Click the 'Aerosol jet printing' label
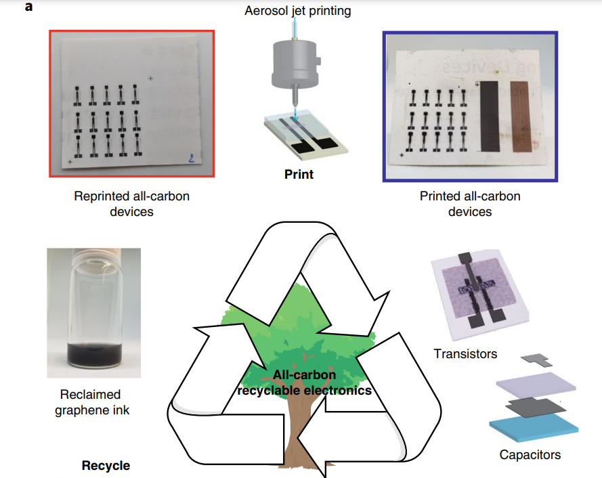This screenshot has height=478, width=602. point(298,11)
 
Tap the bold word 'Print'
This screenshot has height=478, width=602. point(299,174)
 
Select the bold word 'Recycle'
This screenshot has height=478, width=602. point(106,466)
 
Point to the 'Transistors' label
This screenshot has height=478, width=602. point(465,353)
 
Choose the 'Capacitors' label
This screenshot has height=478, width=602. point(530,454)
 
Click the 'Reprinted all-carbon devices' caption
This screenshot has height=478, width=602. point(131,204)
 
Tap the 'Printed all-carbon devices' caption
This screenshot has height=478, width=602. point(470,204)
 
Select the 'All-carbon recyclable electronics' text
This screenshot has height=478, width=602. point(304,383)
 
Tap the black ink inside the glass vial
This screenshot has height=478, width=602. point(93,355)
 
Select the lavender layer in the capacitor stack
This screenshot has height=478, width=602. point(536,386)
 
